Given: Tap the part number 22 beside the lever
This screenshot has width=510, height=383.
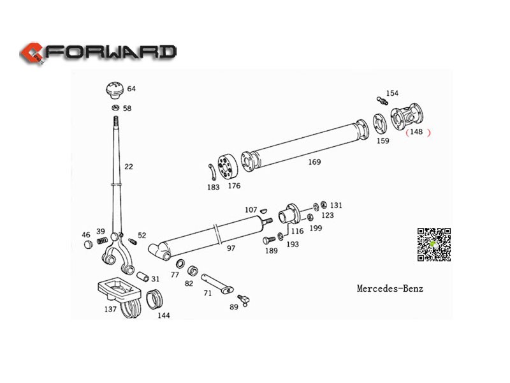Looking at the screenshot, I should coord(129,167).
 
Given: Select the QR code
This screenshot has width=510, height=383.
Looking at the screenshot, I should coord(434,244).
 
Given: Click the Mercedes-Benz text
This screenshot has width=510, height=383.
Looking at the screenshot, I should coord(390,289).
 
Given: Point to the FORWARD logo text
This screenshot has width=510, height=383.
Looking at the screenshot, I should coord(112,52).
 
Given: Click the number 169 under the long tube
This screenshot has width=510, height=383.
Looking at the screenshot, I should coord(314,162).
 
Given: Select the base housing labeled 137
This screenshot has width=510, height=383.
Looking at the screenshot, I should coord(120,293).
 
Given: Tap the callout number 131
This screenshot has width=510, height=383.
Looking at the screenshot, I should coord(336,205).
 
